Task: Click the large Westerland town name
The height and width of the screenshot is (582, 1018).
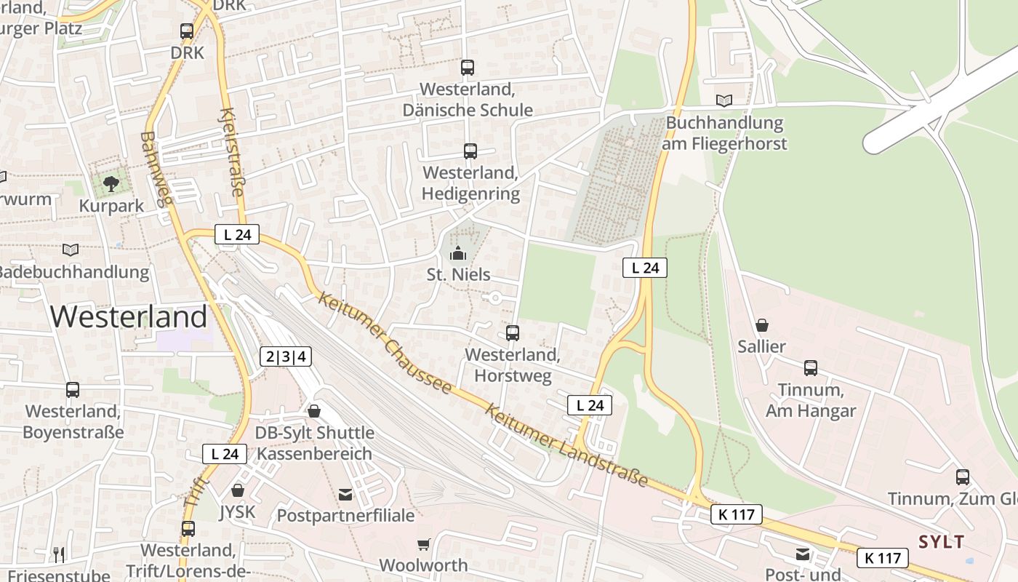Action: tap(129, 317)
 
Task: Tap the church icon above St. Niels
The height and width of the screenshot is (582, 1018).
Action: tap(457, 253)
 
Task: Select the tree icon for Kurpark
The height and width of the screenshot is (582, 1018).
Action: tap(111, 183)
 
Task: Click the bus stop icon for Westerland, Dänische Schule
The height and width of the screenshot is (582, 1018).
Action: tap(468, 68)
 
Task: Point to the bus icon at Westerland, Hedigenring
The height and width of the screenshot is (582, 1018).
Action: tap(470, 151)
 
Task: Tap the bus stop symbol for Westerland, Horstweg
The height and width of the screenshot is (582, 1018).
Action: tap(513, 333)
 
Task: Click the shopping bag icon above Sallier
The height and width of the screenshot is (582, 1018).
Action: tap(762, 324)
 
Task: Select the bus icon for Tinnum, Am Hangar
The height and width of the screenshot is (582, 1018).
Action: tap(811, 368)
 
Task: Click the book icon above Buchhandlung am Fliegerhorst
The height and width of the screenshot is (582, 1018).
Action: tap(724, 100)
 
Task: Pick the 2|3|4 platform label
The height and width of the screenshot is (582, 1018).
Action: tap(286, 356)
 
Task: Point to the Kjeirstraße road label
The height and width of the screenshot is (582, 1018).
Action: tap(231, 153)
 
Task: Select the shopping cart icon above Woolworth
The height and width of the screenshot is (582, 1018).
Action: tap(423, 544)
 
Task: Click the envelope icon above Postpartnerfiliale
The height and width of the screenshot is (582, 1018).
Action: tap(345, 495)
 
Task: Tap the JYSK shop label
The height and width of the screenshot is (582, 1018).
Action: tap(238, 512)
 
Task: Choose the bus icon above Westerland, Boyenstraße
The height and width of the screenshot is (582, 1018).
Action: tap(73, 390)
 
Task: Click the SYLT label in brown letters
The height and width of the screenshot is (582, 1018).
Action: tap(942, 541)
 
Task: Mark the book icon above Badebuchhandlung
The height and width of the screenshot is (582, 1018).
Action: tap(71, 250)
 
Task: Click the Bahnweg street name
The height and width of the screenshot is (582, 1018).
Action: tap(156, 169)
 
